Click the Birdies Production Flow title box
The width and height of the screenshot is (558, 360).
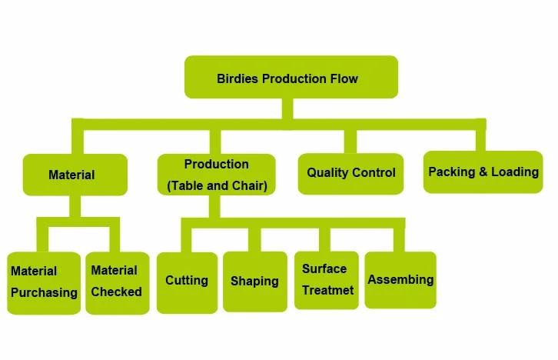(291, 77)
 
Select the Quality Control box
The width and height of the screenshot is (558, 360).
(351, 174)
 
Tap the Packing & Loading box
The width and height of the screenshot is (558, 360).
(483, 172)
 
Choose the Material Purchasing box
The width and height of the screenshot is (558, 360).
(44, 283)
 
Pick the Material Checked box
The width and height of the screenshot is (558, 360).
(118, 283)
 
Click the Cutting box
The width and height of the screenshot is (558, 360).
(188, 283)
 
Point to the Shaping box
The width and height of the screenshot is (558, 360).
(255, 282)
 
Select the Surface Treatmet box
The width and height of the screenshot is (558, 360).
(327, 280)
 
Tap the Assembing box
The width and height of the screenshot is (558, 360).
(400, 280)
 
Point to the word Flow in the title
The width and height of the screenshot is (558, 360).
(344, 78)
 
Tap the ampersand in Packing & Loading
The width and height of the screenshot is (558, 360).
(483, 172)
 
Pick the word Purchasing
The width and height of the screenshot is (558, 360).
(44, 293)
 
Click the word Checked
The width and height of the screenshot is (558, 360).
(116, 292)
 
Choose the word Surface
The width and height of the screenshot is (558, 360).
(324, 268)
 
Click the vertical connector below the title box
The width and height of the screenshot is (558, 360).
(287, 109)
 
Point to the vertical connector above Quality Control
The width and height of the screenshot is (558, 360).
(350, 142)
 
